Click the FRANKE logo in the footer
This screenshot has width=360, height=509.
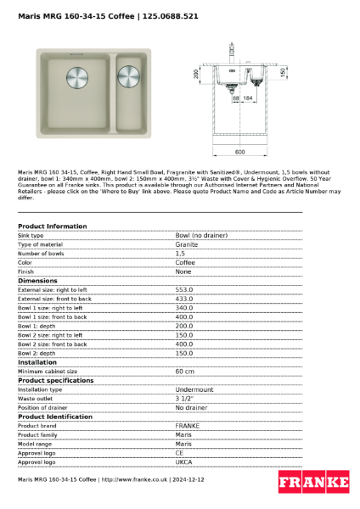[x=313, y=482]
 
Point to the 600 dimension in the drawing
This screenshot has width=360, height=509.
[x=239, y=152]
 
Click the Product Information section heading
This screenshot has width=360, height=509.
[x=52, y=227]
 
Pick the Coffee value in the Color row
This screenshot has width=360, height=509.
[x=185, y=262]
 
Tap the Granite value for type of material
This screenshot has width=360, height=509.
[x=187, y=244]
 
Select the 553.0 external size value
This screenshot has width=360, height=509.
[x=184, y=289]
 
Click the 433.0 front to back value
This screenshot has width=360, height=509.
[x=184, y=299]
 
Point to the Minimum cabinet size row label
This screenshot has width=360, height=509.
[x=48, y=371]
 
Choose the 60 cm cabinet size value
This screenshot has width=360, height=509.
[x=184, y=371]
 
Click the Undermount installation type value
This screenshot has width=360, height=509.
[x=194, y=389]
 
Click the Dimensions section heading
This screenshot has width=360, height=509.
[x=37, y=280]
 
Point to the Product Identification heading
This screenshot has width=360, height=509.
[x=55, y=417]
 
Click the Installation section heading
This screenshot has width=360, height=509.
[x=37, y=362]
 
